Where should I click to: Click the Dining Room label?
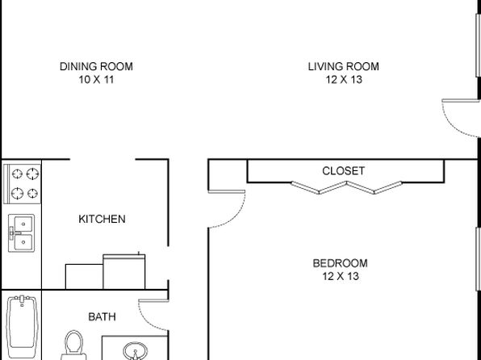coord(96,67)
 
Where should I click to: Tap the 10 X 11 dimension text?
coord(96,80)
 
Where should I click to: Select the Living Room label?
coord(344,67)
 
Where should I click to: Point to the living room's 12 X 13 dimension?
coord(344,80)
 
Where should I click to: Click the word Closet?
coord(344,171)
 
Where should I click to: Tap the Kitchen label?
coord(102,219)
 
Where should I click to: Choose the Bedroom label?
coord(341,263)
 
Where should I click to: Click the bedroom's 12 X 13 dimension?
coord(341,277)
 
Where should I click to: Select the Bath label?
coord(102,316)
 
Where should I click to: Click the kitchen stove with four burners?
coord(22,184)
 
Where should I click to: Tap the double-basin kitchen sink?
coord(22,233)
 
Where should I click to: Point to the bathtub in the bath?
coord(22,326)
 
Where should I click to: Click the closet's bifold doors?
coord(347,187)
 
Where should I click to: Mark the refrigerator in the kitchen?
coord(124,271)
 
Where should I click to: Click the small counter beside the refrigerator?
coord(84,277)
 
